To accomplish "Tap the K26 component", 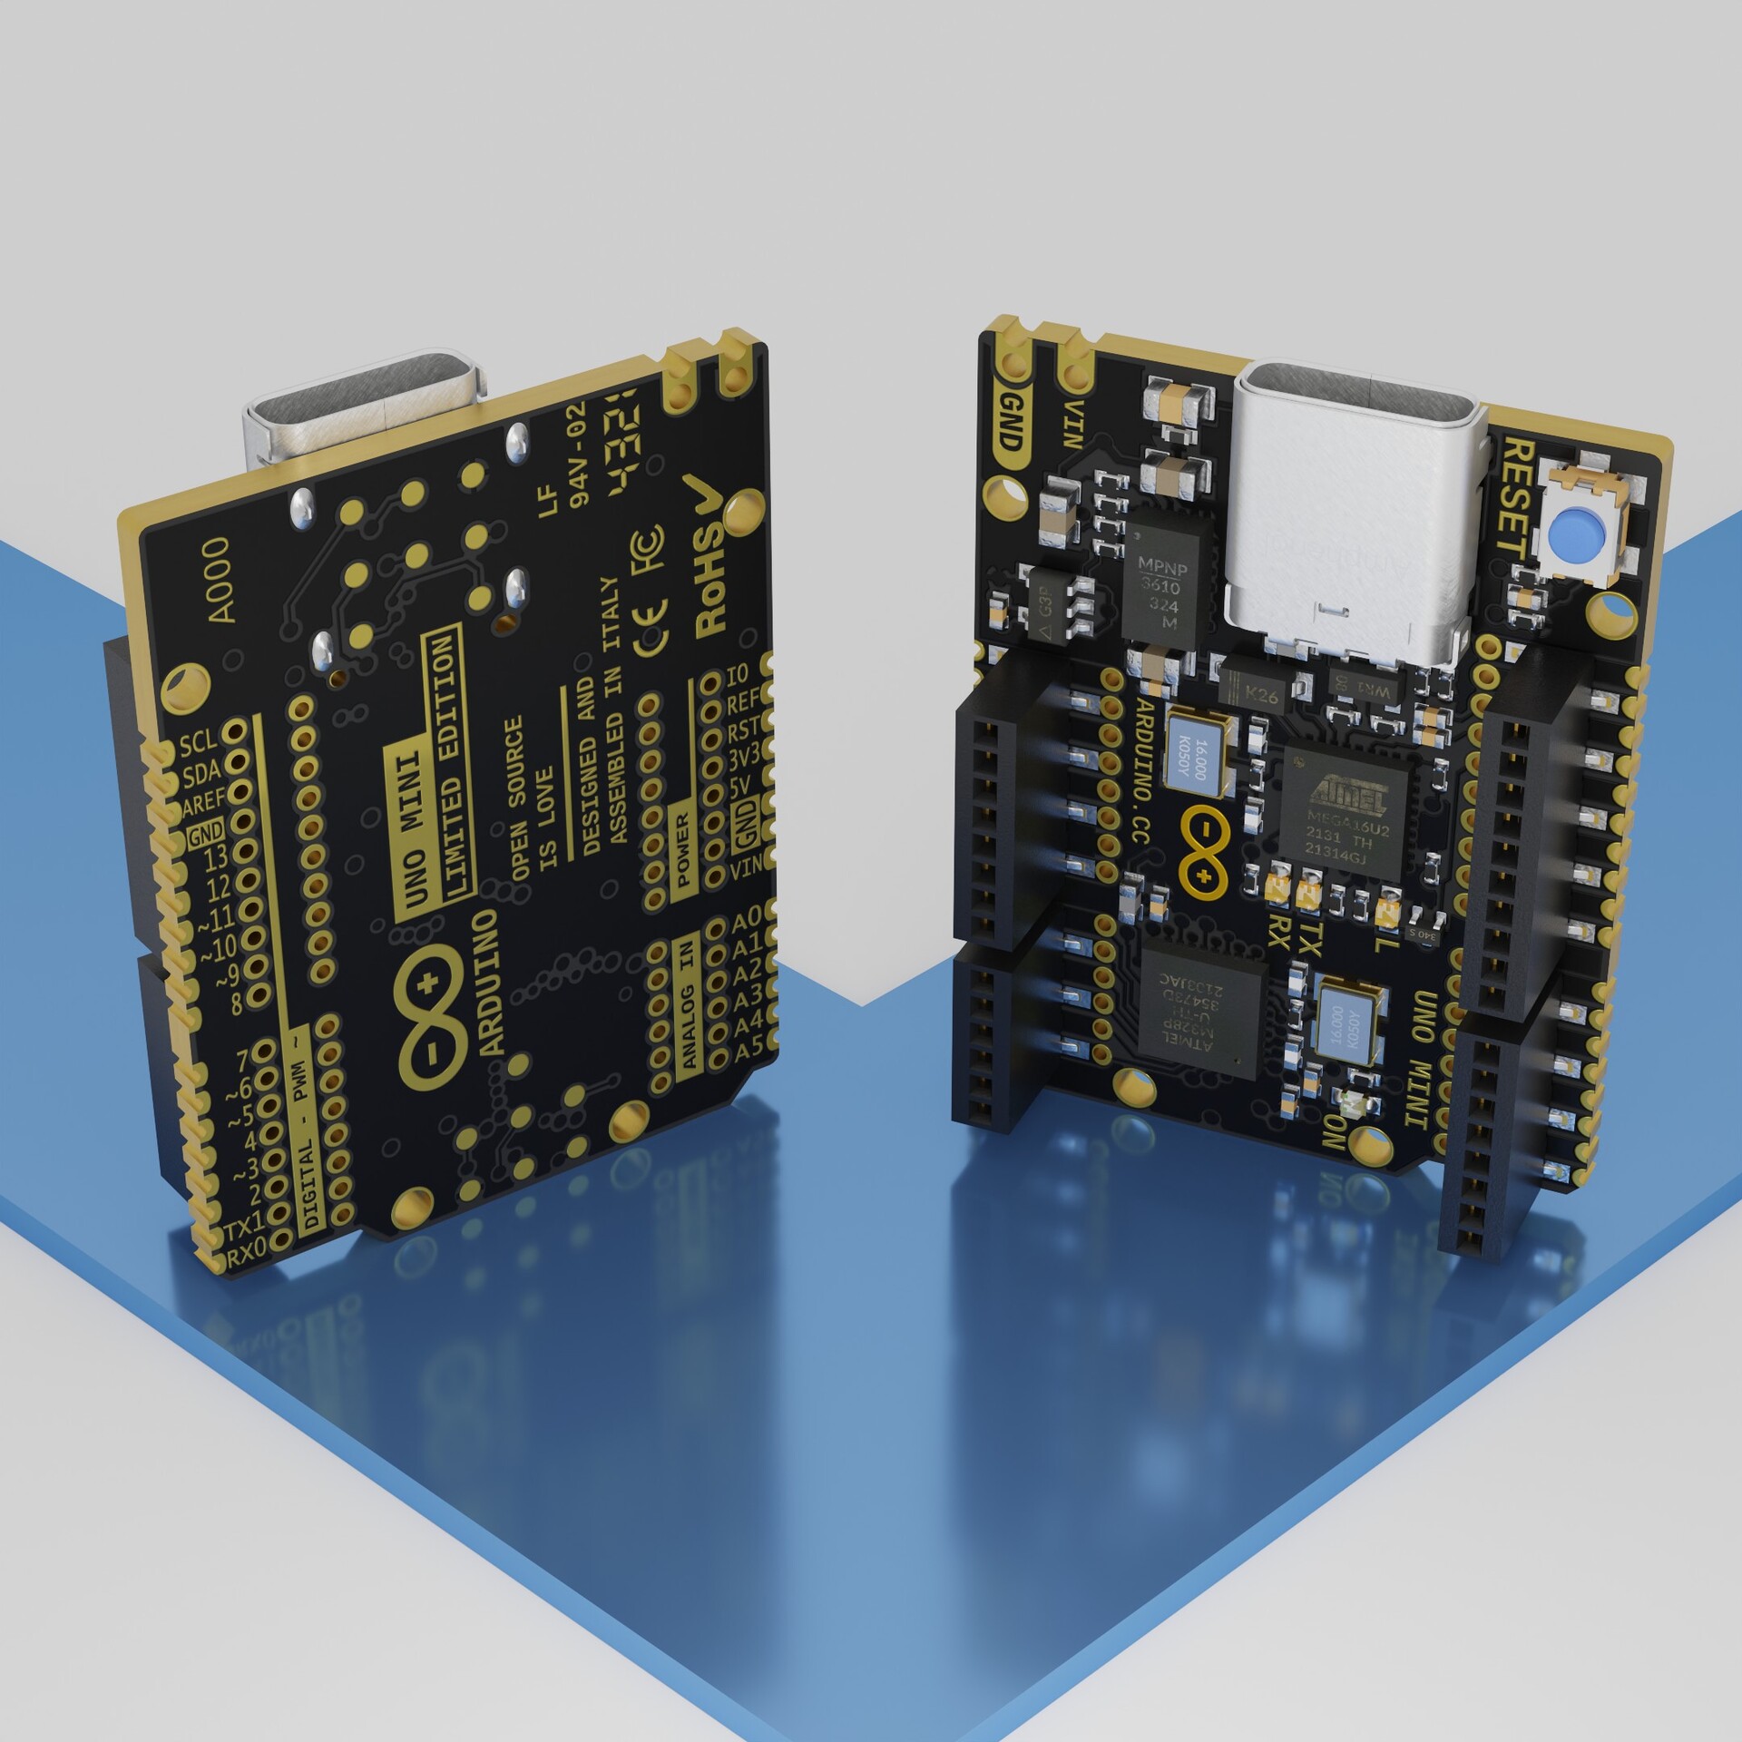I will (1260, 694).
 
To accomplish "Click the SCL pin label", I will (197, 745).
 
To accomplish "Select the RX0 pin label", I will (246, 1256).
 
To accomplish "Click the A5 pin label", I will (749, 1052).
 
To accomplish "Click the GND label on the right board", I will (1010, 421).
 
